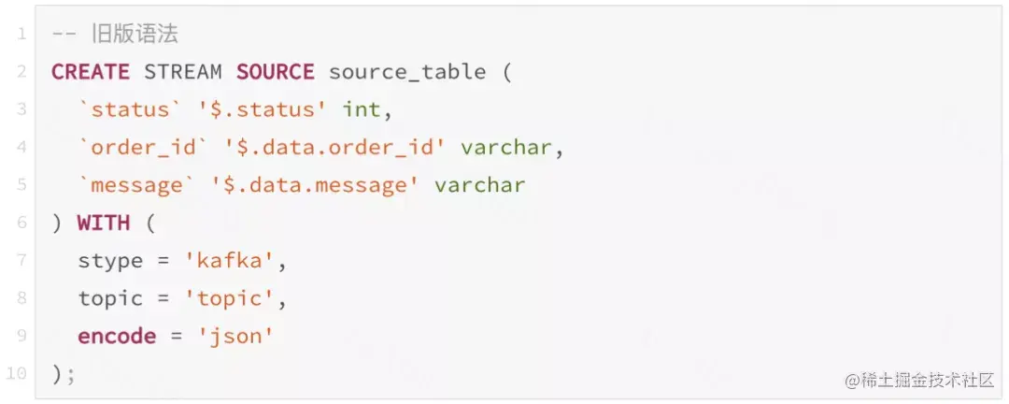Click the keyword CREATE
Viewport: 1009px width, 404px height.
click(x=91, y=72)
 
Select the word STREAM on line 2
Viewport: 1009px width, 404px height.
click(x=183, y=72)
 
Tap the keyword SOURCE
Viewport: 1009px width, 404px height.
click(x=275, y=72)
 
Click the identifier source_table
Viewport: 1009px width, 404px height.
click(x=407, y=72)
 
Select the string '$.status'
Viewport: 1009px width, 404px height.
click(x=262, y=109)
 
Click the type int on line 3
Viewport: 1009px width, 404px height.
click(x=362, y=109)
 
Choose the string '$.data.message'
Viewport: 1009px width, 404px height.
click(x=321, y=185)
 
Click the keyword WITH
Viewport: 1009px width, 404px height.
click(x=103, y=223)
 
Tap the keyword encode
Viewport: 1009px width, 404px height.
click(x=117, y=337)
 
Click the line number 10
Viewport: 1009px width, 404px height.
click(x=17, y=374)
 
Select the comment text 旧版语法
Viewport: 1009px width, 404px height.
click(x=135, y=35)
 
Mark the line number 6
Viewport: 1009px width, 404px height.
click(x=21, y=223)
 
